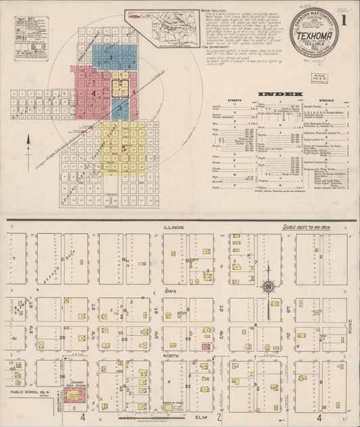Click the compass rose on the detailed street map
(268, 286)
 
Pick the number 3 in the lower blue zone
(120, 108)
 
